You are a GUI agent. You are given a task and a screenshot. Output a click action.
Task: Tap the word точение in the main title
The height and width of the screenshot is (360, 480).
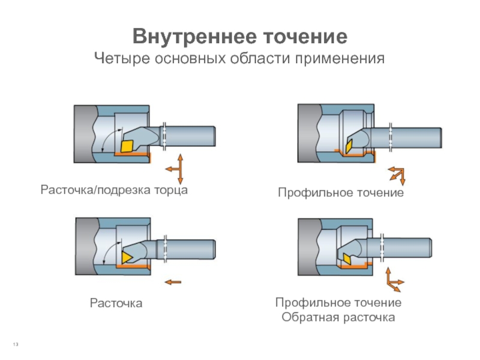point(305,37)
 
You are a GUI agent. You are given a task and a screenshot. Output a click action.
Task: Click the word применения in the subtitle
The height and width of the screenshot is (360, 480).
point(340,58)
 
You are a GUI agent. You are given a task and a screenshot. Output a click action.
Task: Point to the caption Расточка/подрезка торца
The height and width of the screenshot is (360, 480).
point(114,190)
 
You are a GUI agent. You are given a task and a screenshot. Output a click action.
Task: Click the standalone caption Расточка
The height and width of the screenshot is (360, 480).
point(116,303)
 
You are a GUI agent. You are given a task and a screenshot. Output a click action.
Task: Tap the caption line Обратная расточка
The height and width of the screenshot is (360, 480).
point(338,317)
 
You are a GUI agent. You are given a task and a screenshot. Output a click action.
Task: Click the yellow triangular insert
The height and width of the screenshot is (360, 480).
point(125,257)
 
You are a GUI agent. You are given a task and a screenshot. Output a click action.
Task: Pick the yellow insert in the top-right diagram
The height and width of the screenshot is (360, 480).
point(349,146)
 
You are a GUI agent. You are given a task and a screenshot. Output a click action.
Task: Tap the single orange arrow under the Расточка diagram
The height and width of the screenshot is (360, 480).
point(173,282)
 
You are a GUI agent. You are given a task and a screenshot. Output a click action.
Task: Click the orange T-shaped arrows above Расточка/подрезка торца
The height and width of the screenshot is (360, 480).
point(176,169)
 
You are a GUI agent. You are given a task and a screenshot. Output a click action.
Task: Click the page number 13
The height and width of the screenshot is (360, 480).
point(16,344)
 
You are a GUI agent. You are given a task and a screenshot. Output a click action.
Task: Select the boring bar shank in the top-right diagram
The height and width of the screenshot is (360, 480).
point(406,138)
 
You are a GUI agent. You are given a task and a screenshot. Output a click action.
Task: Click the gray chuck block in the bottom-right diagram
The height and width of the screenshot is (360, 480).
point(308,247)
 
